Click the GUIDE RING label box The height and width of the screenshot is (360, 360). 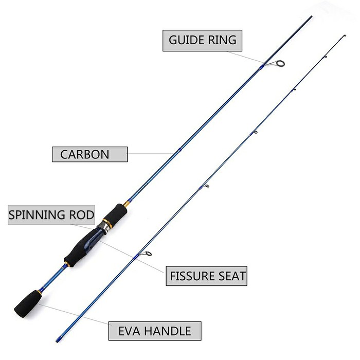point(202,40)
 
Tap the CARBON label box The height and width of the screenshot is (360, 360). point(89,154)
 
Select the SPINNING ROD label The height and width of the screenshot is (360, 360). point(51,214)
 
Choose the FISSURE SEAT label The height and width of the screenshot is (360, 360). point(208,276)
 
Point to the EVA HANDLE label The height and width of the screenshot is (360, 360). point(154,331)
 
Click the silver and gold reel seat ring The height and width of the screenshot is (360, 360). point(105,223)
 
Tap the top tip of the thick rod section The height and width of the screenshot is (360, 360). point(311,17)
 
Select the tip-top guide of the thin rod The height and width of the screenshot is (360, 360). point(344,37)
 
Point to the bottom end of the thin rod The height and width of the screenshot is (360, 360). point(57,340)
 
